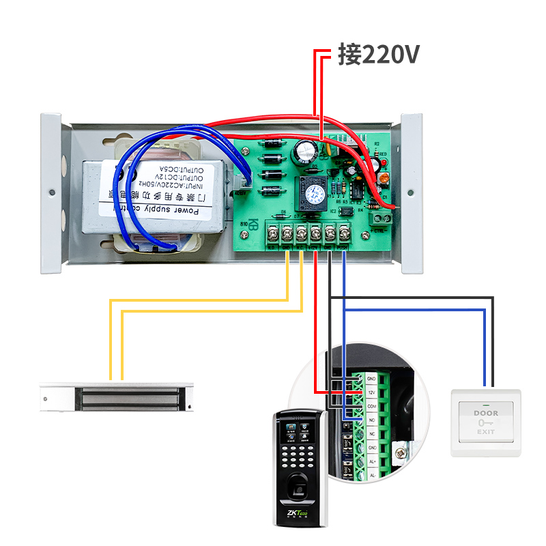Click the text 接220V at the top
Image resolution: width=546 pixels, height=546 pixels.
click(377, 55)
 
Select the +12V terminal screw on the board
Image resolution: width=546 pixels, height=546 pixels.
click(315, 233)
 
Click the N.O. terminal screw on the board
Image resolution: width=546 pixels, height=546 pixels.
click(273, 233)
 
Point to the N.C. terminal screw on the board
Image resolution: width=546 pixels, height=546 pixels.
click(301, 233)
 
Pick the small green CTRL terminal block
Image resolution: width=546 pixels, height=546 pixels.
click(381, 218)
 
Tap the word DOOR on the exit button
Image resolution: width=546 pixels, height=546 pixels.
click(486, 413)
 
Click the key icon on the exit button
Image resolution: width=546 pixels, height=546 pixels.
click(486, 422)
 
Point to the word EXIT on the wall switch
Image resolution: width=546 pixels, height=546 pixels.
click(486, 432)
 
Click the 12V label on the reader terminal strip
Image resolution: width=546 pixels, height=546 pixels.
click(372, 392)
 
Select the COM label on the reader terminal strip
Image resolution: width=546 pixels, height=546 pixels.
click(372, 407)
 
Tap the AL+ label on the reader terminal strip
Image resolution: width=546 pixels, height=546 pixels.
click(372, 461)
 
